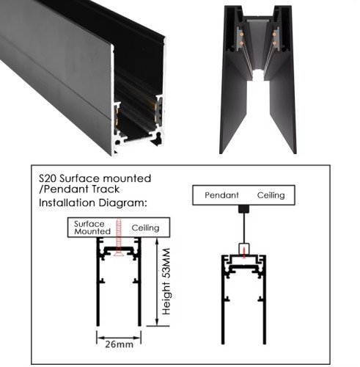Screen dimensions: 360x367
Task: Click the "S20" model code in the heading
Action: click(48, 178)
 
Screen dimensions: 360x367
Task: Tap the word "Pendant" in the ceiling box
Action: click(221, 195)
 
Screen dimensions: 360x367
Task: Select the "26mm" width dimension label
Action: click(120, 344)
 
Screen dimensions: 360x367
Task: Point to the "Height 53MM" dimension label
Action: click(166, 281)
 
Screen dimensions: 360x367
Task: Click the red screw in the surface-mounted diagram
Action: click(119, 237)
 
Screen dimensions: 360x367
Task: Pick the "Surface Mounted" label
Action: click(92, 228)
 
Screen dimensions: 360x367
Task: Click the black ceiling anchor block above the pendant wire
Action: click(243, 208)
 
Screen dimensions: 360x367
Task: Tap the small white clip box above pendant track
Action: click(244, 249)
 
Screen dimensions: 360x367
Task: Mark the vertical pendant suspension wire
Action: click(244, 228)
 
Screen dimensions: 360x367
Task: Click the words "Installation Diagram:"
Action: click(93, 203)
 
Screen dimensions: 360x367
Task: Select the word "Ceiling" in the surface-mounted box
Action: click(145, 228)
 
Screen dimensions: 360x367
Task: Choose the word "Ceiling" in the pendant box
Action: click(271, 195)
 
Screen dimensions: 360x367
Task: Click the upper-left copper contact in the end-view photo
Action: click(241, 34)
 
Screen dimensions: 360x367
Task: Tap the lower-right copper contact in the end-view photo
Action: click(274, 43)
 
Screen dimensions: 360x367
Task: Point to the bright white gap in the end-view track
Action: click(258, 75)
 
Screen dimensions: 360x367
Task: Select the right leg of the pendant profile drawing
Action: click(265, 299)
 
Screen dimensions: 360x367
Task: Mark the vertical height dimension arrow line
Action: click(157, 282)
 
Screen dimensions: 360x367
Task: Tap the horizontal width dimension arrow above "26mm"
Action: click(119, 338)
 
